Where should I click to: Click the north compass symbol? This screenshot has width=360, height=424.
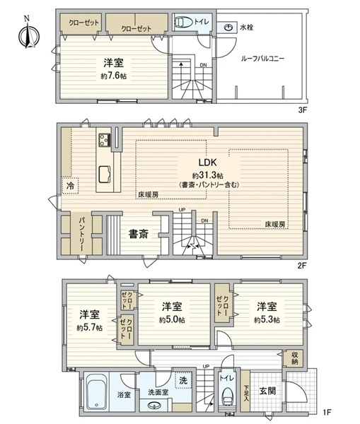coord(29,35)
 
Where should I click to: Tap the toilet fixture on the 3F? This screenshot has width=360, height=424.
coord(183,22)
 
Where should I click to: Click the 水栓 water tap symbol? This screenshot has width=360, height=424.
coord(229,28)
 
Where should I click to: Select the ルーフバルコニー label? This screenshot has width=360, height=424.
coord(262,59)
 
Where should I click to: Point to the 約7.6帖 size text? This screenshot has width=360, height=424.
coord(114,76)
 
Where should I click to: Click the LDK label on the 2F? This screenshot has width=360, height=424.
coord(208,163)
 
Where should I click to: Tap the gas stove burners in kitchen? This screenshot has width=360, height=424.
coord(104,140)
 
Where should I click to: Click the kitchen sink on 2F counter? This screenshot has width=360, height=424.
coord(105,175)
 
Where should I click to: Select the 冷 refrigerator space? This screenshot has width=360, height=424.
coord(71,186)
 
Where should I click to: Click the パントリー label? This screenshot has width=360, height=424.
coord(81,234)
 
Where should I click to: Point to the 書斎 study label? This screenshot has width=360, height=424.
coord(139,234)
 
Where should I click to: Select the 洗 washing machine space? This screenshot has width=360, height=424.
coord(183,380)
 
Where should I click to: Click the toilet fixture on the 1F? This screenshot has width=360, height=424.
coord(228,397)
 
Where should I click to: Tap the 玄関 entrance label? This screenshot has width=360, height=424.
coord(267,391)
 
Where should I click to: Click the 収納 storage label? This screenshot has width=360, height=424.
coord(294,358)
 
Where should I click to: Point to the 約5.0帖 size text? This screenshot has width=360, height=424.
coord(172,320)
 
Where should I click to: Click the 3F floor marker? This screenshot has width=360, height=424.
coord(302,110)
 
